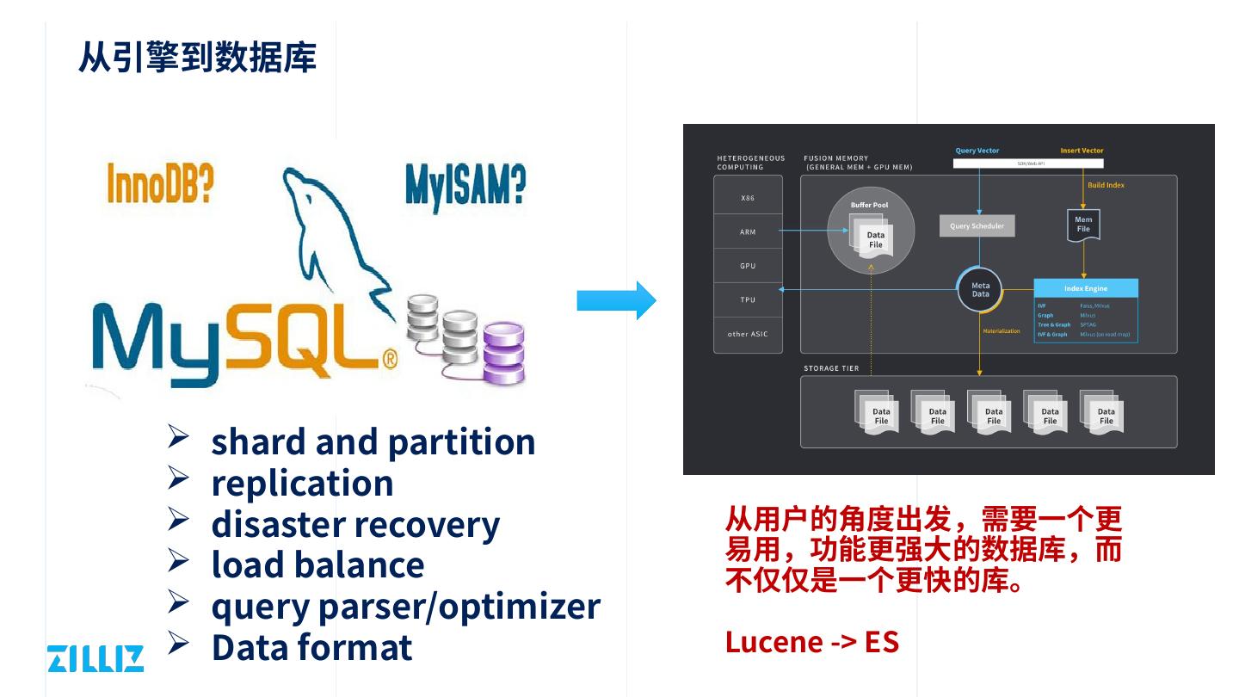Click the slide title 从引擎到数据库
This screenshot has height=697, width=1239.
197,57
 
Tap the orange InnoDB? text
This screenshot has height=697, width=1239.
160,183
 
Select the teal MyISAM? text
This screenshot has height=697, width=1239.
465,185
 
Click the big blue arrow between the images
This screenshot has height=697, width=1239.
616,300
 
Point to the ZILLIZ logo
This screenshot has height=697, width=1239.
96,658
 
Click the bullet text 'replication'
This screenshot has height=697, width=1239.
302,483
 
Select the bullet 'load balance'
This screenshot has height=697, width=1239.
317,564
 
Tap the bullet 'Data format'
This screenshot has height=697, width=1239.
311,647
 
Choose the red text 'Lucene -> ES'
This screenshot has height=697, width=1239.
811,642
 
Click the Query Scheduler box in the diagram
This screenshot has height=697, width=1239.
977,226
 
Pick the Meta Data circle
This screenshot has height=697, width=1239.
980,290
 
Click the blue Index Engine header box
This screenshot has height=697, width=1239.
1085,288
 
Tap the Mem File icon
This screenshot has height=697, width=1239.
1083,225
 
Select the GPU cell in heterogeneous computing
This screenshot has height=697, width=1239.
748,266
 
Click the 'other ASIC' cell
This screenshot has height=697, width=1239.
748,334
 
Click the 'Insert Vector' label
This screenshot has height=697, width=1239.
1082,151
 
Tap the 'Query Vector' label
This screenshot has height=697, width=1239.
977,151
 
